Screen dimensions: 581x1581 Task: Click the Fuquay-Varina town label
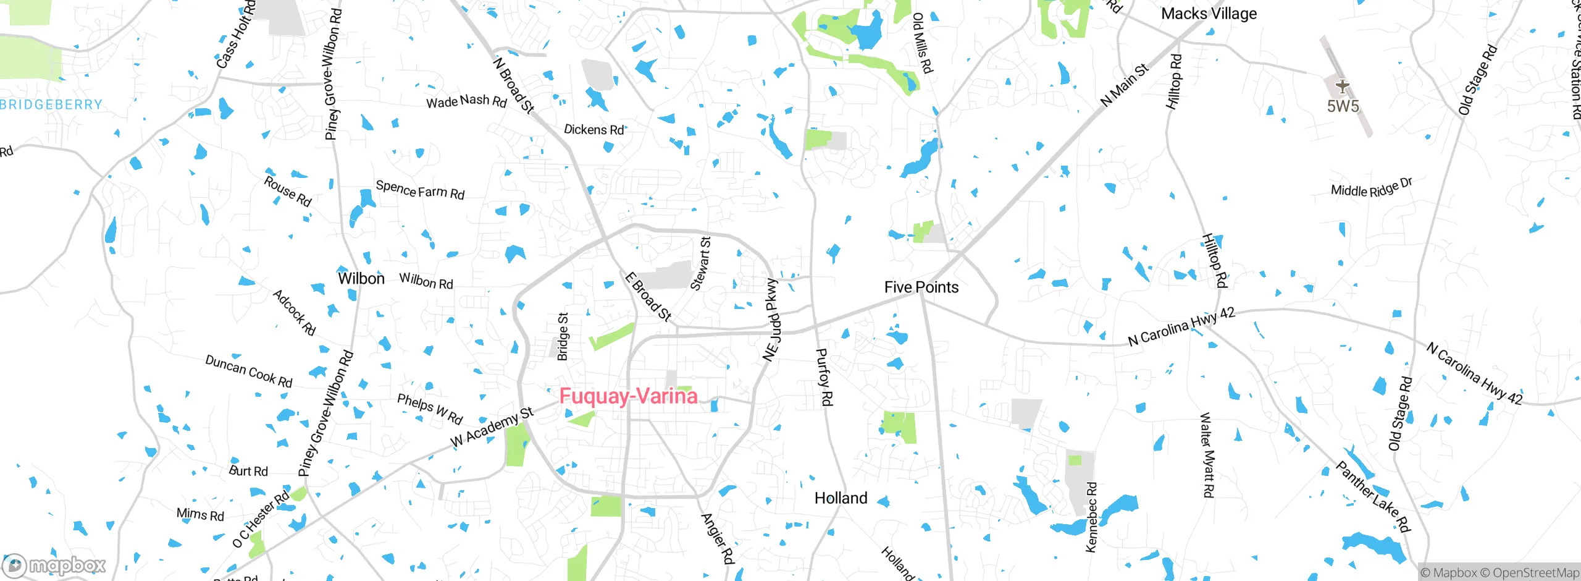[x=628, y=396]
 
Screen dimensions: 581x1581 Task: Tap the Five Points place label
[x=921, y=287]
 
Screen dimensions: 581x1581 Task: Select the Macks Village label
[x=1209, y=14]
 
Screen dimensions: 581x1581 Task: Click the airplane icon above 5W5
[x=1342, y=86]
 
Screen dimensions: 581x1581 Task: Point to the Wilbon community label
[x=361, y=279]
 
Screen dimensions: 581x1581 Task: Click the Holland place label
[x=841, y=498]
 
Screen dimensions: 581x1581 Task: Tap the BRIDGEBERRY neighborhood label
[x=51, y=104]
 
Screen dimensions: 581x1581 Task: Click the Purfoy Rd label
[x=824, y=377]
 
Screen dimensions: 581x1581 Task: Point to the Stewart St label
[x=701, y=263]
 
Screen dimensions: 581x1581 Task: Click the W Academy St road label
[x=492, y=427]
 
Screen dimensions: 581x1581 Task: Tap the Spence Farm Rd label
[x=420, y=190]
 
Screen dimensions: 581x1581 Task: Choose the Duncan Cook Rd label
[x=248, y=371]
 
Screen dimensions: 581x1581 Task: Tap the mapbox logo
[x=54, y=565]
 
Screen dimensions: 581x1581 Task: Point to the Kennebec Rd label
[x=1091, y=517]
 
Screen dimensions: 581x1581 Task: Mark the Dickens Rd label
[x=593, y=130]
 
